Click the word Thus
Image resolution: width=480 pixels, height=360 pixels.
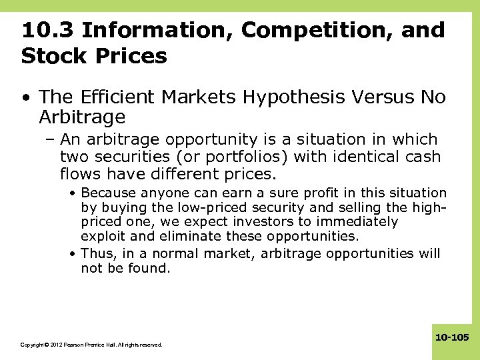tap(97, 253)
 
